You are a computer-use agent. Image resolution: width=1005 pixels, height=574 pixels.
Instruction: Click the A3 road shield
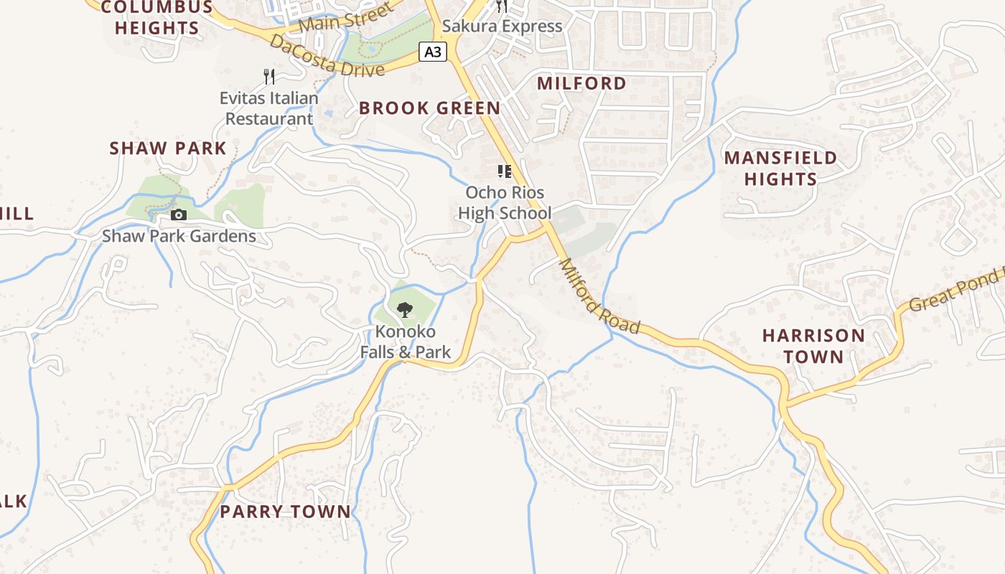(x=433, y=52)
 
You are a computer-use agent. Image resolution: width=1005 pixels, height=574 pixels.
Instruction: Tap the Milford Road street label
(x=599, y=296)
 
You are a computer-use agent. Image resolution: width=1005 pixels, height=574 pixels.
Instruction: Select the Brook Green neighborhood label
(x=429, y=108)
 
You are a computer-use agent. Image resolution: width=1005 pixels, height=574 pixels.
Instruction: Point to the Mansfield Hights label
(x=780, y=168)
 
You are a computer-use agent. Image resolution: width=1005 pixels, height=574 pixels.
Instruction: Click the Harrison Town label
(x=813, y=346)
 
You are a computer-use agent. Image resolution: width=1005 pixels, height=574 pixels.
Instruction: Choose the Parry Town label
(x=285, y=512)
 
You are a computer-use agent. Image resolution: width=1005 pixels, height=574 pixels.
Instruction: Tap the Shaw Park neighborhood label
(x=167, y=149)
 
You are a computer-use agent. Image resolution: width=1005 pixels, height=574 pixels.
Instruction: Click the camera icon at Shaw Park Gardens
(x=179, y=215)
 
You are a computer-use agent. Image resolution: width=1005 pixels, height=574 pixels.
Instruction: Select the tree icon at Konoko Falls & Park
(x=405, y=310)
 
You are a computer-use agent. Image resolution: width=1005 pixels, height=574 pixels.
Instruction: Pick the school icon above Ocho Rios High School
(x=505, y=171)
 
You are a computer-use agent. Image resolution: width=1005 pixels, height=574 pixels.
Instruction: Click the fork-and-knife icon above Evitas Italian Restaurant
(x=269, y=76)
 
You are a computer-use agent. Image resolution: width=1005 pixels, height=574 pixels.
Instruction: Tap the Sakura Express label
(x=502, y=27)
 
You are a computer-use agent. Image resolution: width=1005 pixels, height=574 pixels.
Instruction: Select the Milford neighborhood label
(x=581, y=83)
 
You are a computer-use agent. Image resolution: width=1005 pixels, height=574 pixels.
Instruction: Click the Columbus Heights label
(x=156, y=18)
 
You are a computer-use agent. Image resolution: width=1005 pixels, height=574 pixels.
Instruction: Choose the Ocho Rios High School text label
(x=505, y=203)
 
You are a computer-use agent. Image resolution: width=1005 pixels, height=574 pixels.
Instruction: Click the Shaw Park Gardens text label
(x=179, y=236)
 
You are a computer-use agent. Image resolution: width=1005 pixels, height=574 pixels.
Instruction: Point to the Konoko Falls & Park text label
(x=406, y=342)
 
